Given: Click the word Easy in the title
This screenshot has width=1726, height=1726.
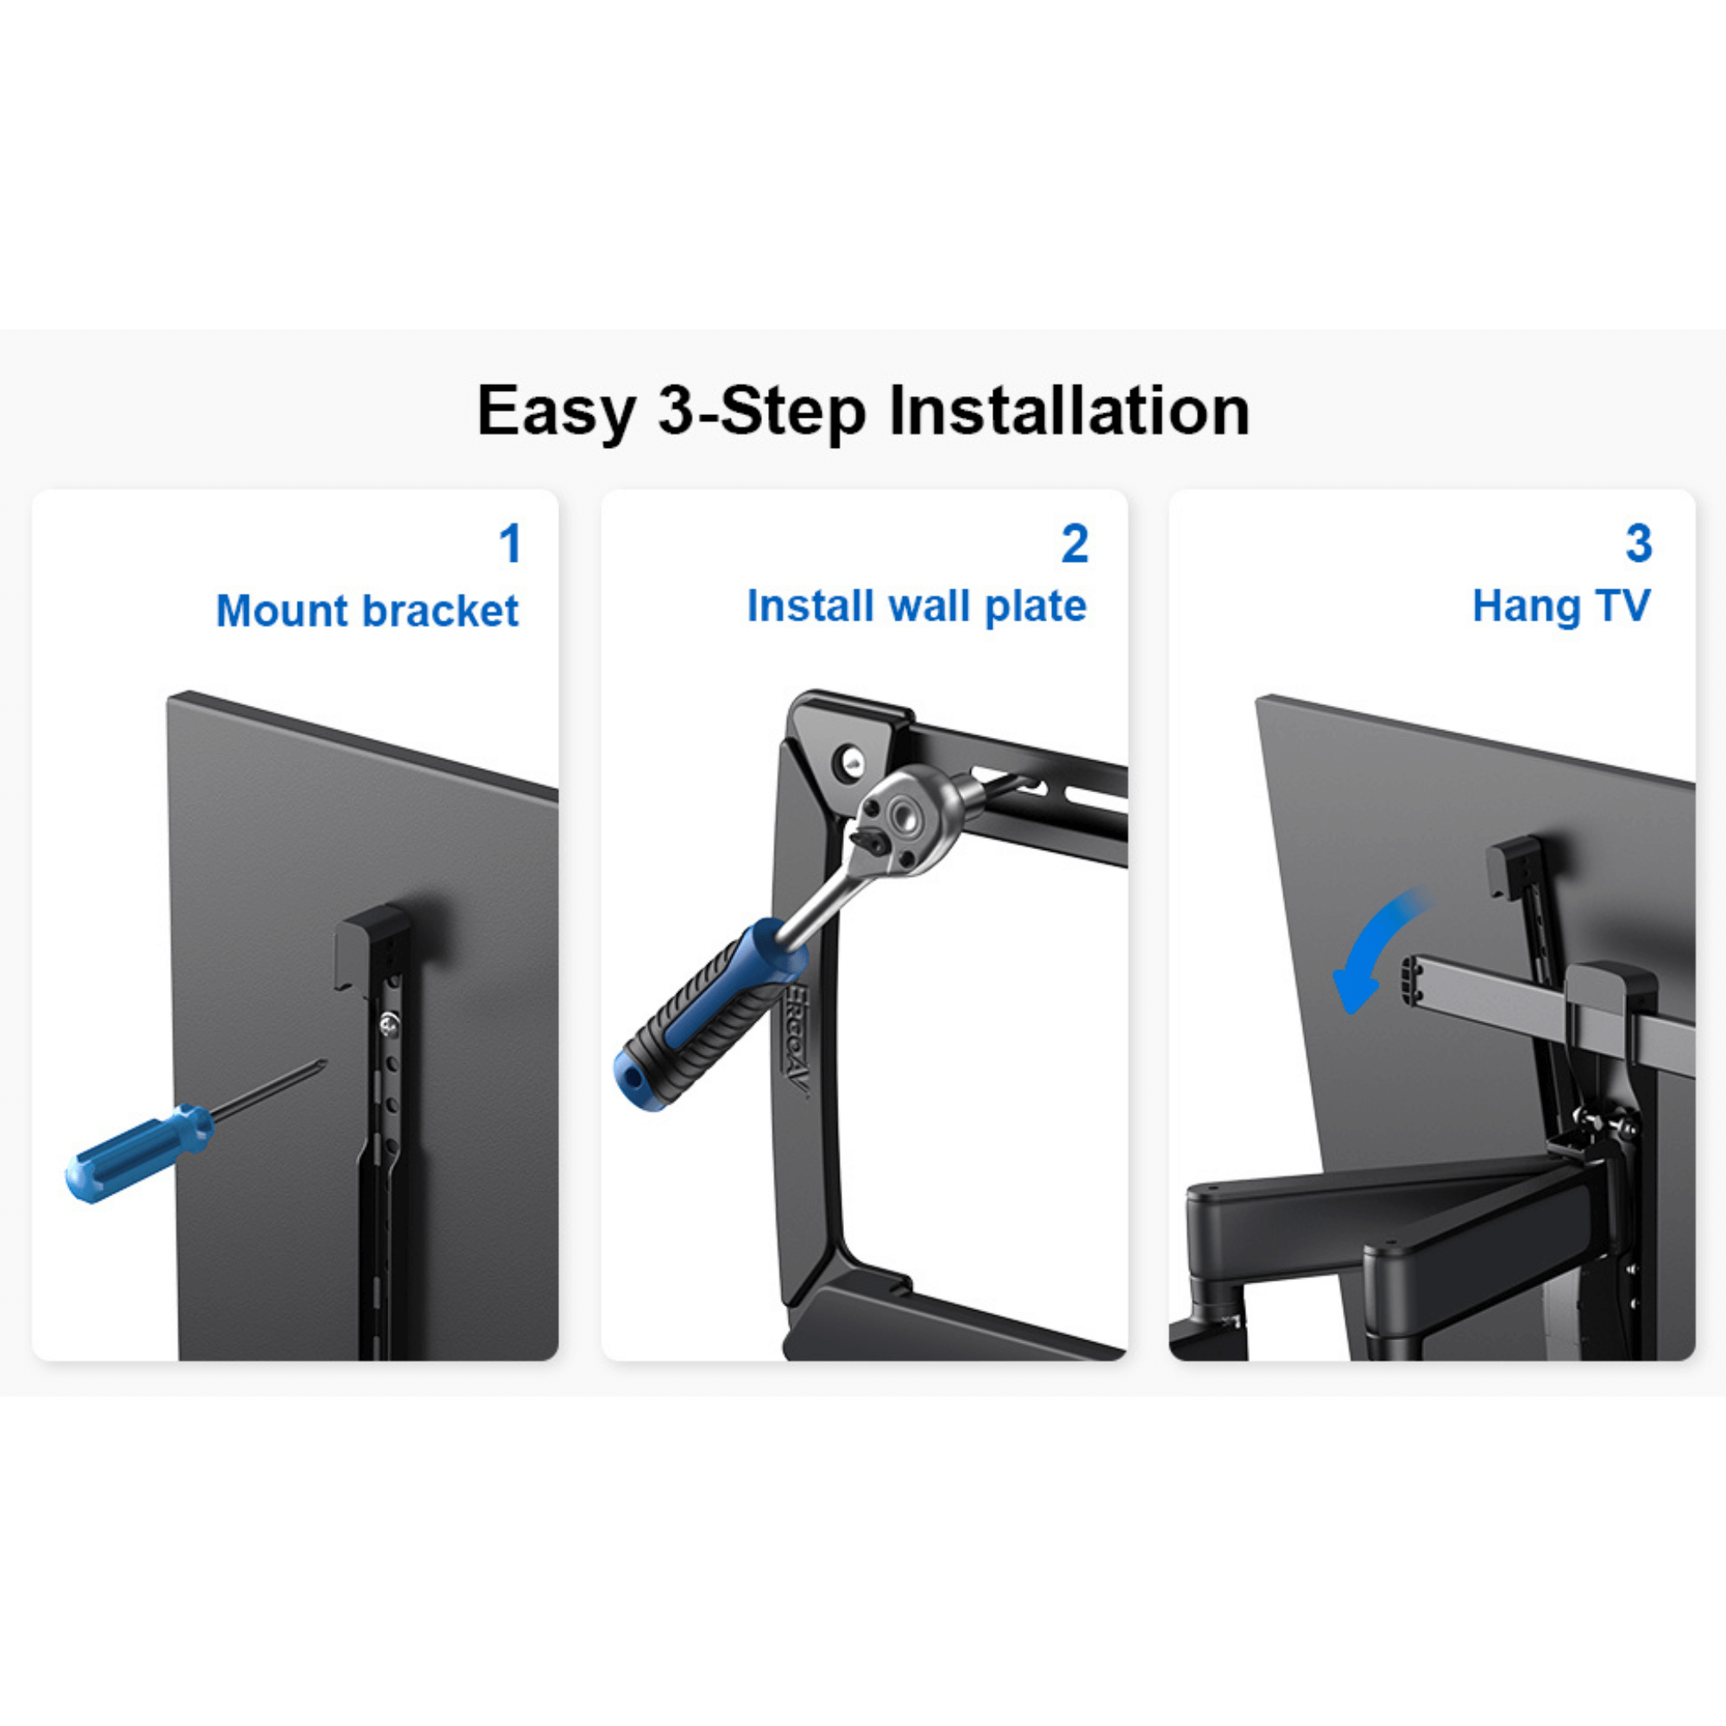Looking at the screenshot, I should tap(555, 412).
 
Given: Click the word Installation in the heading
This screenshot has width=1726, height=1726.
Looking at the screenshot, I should tap(1069, 410).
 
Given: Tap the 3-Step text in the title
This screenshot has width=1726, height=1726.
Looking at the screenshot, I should tap(761, 412).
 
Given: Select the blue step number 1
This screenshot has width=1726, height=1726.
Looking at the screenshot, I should tap(510, 543).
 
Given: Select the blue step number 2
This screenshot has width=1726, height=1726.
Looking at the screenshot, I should tap(1074, 543).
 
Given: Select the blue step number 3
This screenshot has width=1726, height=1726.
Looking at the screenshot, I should tap(1639, 543).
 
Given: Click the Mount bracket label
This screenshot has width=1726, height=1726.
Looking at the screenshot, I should tap(366, 611).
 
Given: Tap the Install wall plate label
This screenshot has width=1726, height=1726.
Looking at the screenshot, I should tap(917, 606).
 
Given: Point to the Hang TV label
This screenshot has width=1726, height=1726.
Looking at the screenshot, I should tap(1560, 606).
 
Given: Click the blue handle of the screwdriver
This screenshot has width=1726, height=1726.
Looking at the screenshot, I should tap(134, 1153).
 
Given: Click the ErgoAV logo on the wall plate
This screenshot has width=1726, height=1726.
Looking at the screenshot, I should tap(797, 1041).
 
